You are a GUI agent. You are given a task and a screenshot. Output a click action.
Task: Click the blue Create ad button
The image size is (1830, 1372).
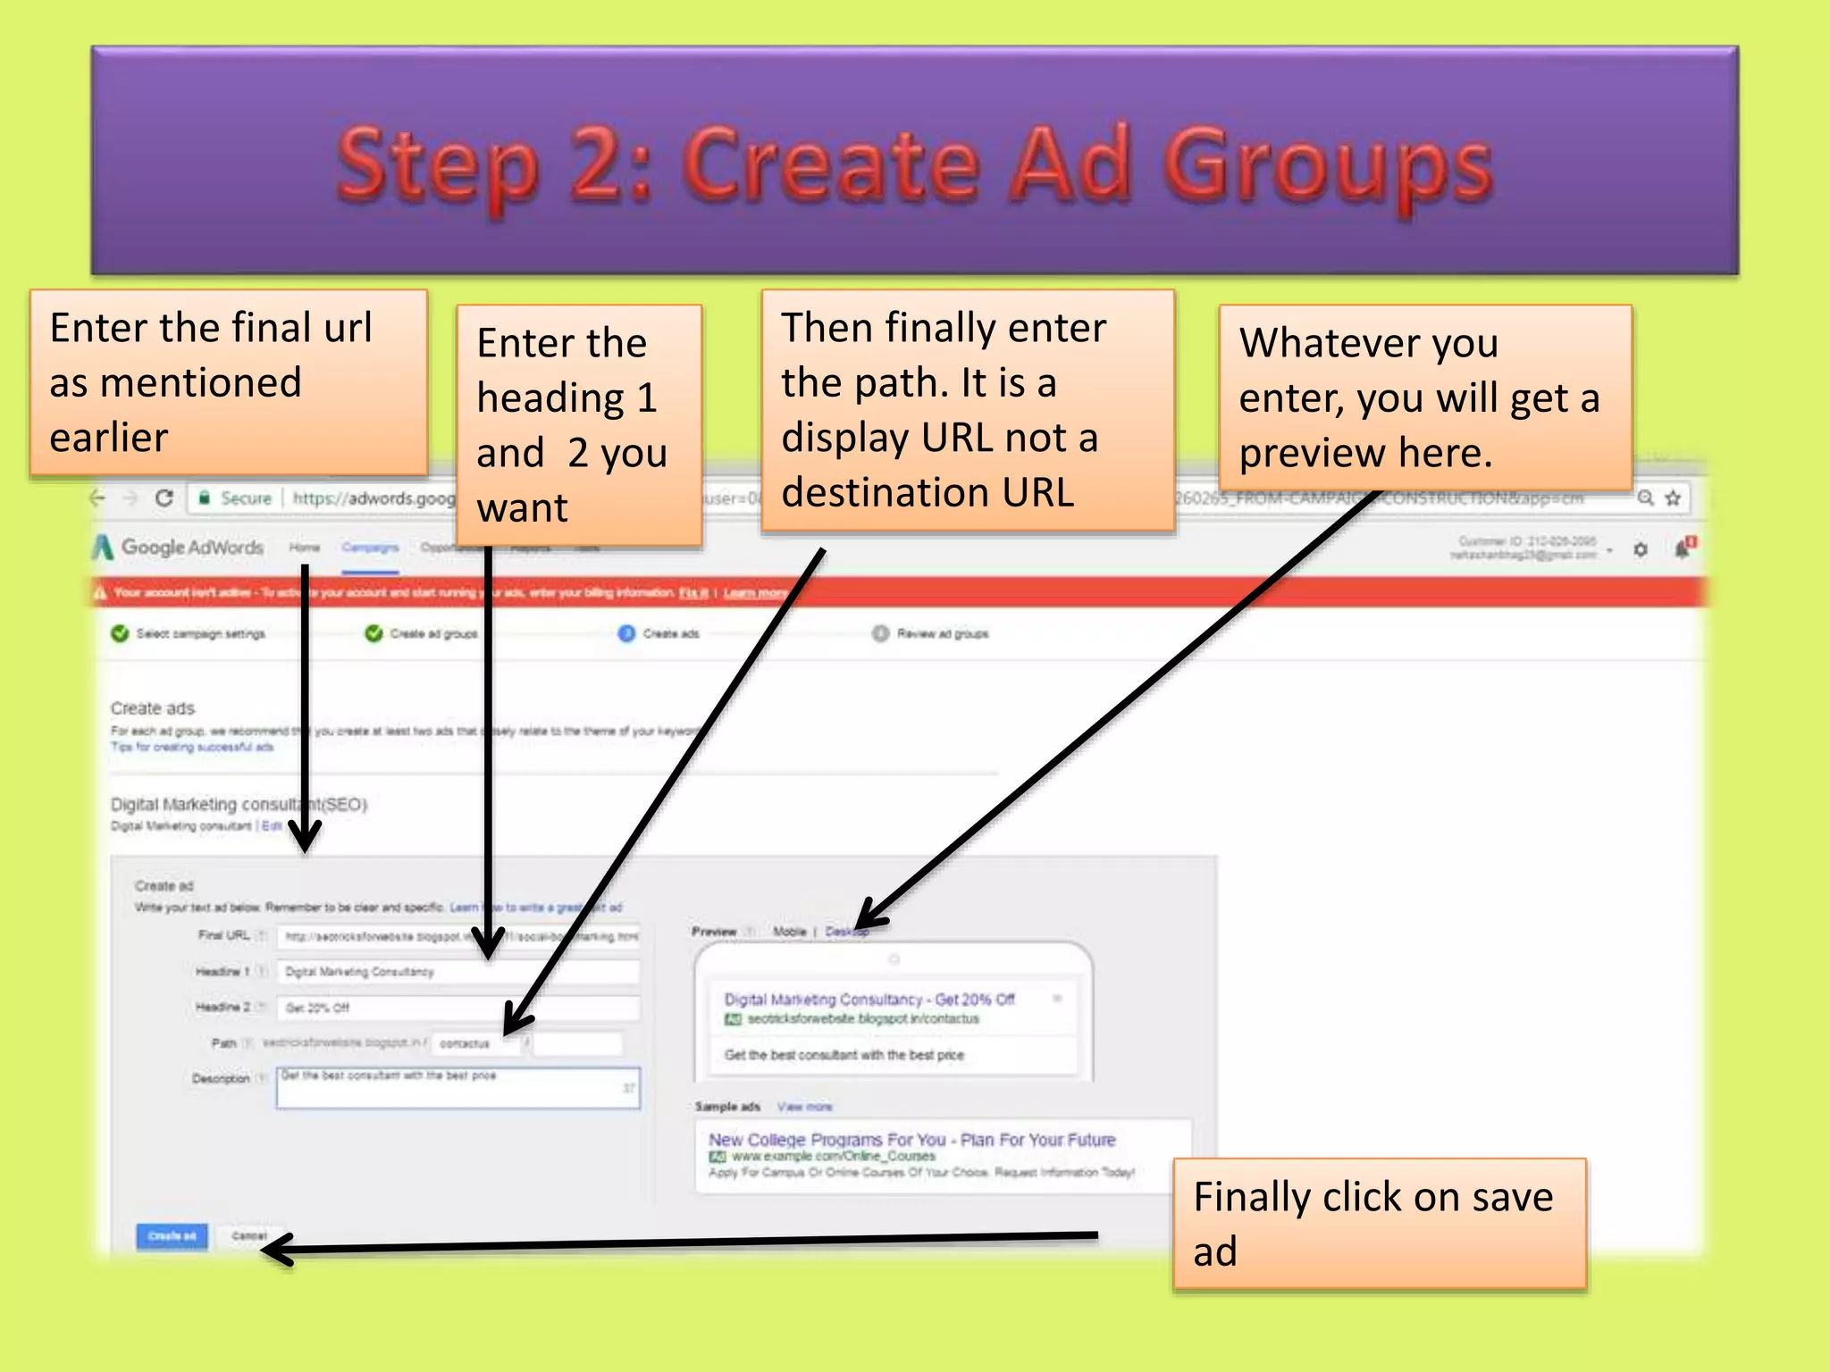172,1236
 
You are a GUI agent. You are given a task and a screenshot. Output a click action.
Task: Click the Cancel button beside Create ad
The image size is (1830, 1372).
249,1236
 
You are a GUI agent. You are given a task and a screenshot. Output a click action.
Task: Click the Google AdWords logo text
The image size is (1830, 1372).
191,547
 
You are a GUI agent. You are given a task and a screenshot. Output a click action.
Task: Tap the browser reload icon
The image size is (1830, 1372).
164,498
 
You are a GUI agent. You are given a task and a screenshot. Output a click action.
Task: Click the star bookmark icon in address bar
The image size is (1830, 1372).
1673,498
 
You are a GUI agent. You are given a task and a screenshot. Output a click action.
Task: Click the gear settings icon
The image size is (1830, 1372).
1641,549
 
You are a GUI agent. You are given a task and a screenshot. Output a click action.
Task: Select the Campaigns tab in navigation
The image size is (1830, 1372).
369,547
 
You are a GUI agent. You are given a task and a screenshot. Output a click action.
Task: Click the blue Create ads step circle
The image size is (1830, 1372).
626,633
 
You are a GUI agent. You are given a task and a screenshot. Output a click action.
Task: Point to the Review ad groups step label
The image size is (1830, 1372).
942,633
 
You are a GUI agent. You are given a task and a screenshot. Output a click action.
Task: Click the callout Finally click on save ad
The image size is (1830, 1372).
1379,1223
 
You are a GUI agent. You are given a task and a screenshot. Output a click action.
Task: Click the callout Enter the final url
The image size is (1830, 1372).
228,381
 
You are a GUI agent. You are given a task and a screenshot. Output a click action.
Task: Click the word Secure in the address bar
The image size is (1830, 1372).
246,498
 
